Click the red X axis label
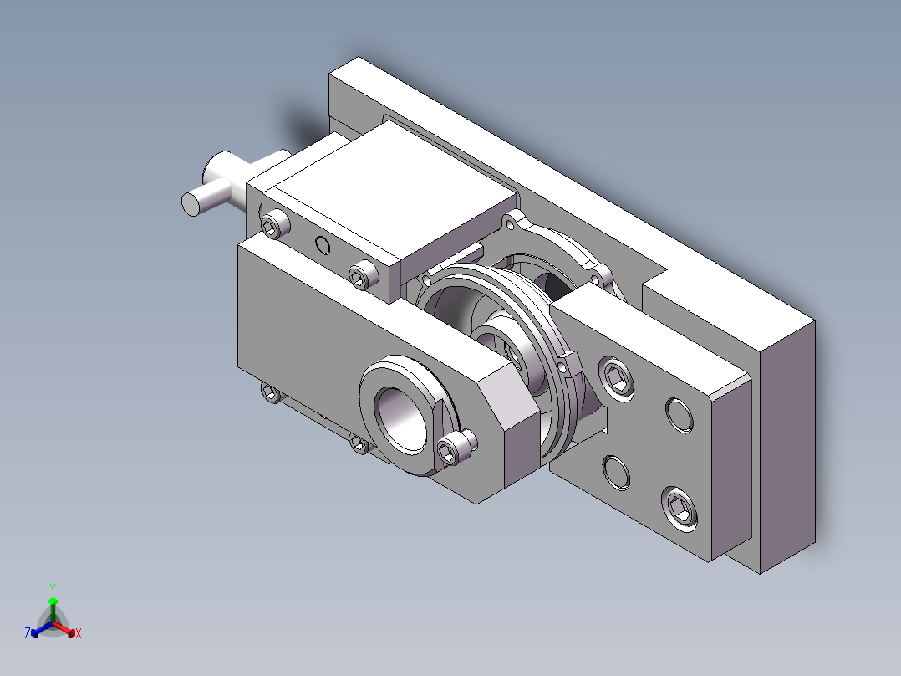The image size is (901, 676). pyautogui.click(x=79, y=634)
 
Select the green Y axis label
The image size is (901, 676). pyautogui.click(x=52, y=588)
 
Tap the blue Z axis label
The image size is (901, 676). pyautogui.click(x=28, y=634)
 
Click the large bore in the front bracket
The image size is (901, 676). pyautogui.click(x=402, y=417)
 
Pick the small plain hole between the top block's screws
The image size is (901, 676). pyautogui.click(x=322, y=245)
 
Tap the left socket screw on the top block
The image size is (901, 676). pyautogui.click(x=272, y=224)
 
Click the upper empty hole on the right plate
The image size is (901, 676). pyautogui.click(x=679, y=414)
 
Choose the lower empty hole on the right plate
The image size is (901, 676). pyautogui.click(x=617, y=471)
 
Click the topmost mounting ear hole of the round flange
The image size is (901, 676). pyautogui.click(x=510, y=223)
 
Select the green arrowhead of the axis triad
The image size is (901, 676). pyautogui.click(x=52, y=601)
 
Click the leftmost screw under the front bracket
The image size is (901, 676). pyautogui.click(x=270, y=392)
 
